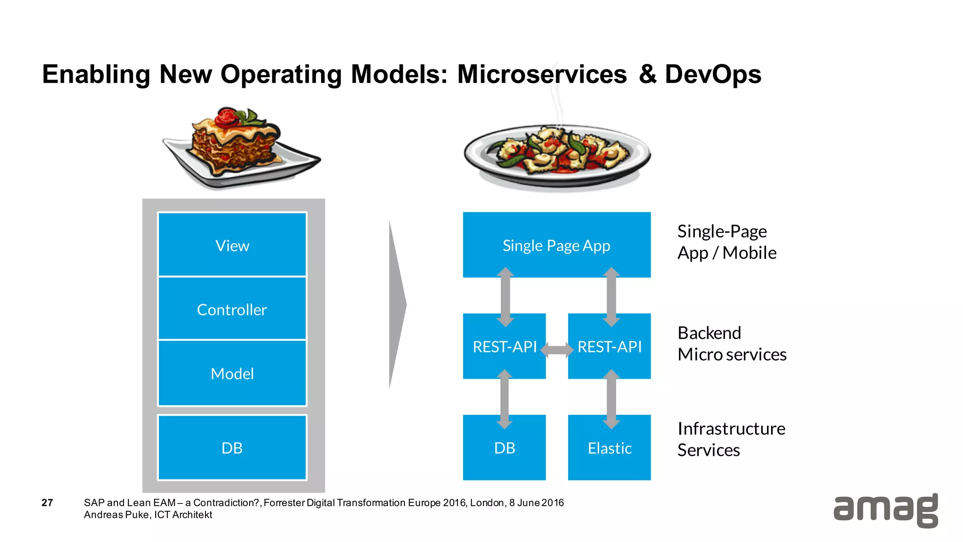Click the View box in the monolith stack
(232, 245)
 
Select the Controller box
(232, 309)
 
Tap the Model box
(232, 373)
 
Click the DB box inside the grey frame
(232, 447)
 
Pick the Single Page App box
(556, 245)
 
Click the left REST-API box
(504, 346)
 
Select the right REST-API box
(609, 346)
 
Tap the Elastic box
(609, 447)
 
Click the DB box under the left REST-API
(504, 447)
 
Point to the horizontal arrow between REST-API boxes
(557, 350)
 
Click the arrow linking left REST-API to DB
(505, 399)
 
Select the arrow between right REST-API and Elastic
(611, 399)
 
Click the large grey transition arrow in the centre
(397, 305)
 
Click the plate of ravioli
(557, 153)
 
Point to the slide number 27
(47, 502)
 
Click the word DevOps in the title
(713, 74)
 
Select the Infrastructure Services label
(731, 439)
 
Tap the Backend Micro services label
(731, 343)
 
